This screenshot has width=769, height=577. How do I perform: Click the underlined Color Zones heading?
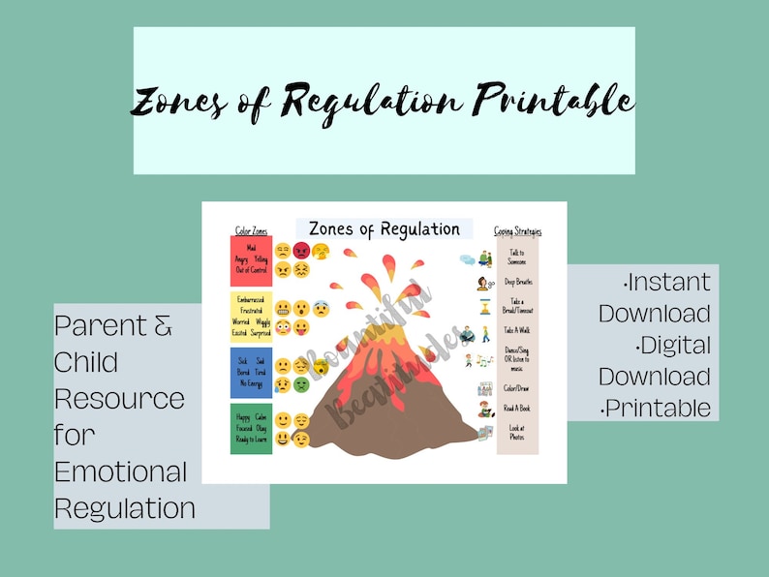pyautogui.click(x=251, y=231)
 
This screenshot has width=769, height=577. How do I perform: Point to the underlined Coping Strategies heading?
pyautogui.click(x=517, y=231)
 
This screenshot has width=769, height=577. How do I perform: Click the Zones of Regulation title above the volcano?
pyautogui.click(x=384, y=229)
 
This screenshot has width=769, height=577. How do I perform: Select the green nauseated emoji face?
pyautogui.click(x=301, y=384)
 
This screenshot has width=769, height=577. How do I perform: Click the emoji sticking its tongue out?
pyautogui.click(x=301, y=327)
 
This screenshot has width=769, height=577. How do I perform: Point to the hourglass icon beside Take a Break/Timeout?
pyautogui.click(x=484, y=306)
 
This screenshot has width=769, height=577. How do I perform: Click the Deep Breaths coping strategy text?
pyautogui.click(x=517, y=282)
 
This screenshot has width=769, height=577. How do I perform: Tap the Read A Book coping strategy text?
pyautogui.click(x=517, y=409)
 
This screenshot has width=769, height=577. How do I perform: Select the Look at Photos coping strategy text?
pyautogui.click(x=517, y=433)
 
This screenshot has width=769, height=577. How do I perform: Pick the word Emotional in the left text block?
pyautogui.click(x=120, y=472)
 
